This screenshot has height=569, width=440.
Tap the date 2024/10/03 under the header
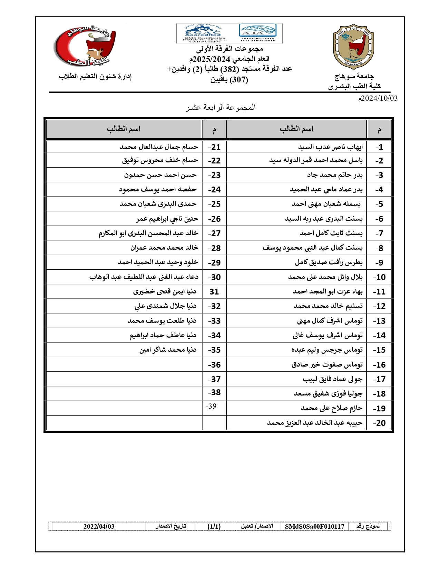coord(378,98)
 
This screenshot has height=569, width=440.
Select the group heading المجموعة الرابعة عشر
coord(220,107)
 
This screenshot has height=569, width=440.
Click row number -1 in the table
coord(379,147)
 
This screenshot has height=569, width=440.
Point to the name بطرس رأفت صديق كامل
coord(329,262)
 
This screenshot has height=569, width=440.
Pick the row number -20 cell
coord(379,423)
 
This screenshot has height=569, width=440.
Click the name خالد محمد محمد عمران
coord(164,248)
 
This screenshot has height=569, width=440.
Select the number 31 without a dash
coord(214,292)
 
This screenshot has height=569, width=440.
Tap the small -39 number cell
coord(211,406)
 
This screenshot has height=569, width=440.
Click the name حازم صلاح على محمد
coord(332,408)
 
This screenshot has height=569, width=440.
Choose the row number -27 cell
coord(214,233)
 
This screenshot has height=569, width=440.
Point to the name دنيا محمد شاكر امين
coord(168,350)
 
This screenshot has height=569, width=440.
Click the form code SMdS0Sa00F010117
coord(314,526)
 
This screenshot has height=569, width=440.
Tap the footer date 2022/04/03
coord(99,526)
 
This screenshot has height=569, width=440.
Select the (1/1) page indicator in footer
coord(214,526)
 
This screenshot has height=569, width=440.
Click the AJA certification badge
coord(257,31)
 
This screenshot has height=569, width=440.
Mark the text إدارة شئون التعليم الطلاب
coord(95,77)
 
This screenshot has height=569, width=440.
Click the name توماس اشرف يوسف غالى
coord(327,335)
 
